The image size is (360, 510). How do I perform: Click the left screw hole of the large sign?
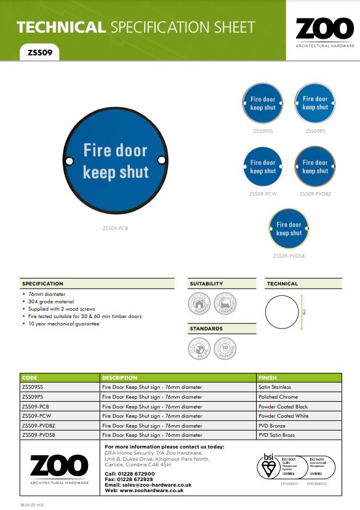point(68,161)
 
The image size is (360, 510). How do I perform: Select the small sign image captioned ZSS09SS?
point(263,103)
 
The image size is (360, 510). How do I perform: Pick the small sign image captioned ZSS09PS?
point(314,103)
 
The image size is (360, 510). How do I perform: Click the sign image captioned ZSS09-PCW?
point(263,167)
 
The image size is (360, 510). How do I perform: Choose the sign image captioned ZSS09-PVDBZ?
point(314,167)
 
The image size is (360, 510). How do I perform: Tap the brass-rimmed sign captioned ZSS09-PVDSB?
point(289,229)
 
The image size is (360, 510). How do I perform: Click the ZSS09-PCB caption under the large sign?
point(115,228)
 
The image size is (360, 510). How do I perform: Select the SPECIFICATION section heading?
point(42,284)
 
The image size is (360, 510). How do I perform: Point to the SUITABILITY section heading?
point(206,284)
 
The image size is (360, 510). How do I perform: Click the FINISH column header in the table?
point(268,378)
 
